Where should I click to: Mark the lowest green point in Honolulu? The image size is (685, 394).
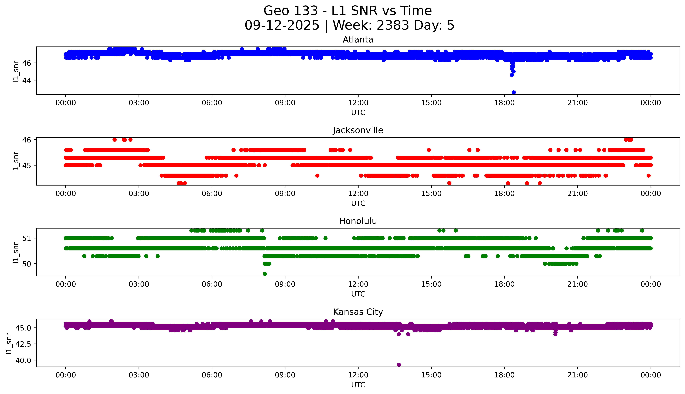tap(265, 274)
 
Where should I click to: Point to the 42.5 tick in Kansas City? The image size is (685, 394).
tap(23, 344)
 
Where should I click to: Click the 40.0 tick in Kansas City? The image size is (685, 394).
tap(23, 360)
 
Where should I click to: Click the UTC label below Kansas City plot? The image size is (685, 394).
tap(358, 385)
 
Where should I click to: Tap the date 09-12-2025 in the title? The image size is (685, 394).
tap(282, 25)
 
